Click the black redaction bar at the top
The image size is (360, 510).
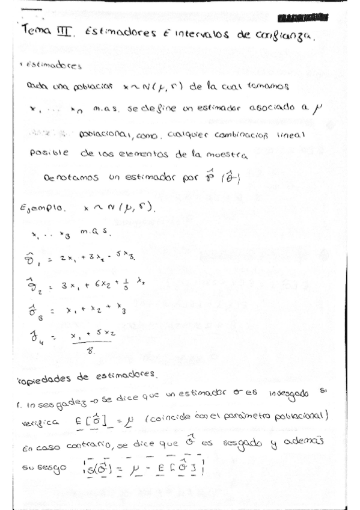(x=304, y=17)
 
